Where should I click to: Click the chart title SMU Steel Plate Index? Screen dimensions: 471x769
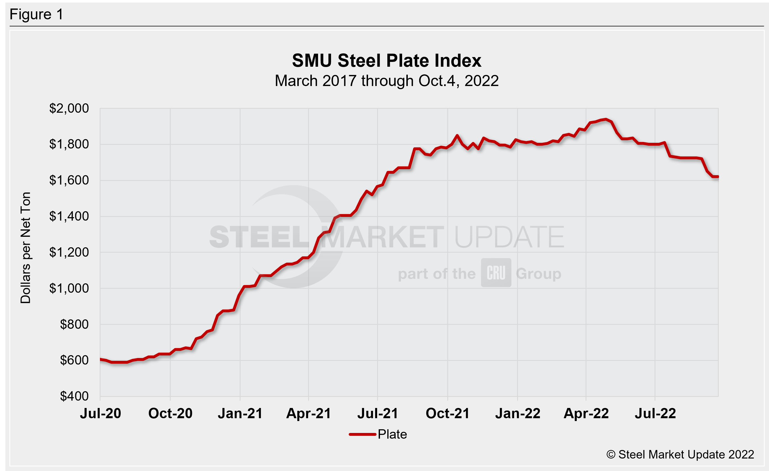tap(386, 60)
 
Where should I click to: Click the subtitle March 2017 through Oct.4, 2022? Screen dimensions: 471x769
tap(386, 81)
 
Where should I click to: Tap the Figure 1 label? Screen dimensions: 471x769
tap(37, 14)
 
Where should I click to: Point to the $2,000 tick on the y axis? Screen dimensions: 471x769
tap(69, 108)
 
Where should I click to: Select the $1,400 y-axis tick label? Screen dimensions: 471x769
tap(69, 216)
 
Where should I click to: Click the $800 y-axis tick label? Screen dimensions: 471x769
tap(74, 325)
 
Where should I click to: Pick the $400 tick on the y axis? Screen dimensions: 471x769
tap(74, 396)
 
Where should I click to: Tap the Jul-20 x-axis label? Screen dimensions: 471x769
tap(100, 414)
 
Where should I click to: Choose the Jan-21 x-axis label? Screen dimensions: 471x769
tap(240, 414)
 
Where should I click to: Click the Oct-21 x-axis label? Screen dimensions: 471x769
tap(448, 414)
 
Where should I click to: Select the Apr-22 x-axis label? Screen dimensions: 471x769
tap(586, 414)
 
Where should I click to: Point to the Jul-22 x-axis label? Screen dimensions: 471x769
tap(655, 414)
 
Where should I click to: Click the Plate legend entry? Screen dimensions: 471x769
tap(378, 434)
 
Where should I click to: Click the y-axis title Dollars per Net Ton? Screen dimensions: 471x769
tap(26, 248)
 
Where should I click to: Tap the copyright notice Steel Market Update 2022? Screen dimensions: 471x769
tap(680, 455)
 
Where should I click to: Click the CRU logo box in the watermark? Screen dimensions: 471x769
tap(496, 273)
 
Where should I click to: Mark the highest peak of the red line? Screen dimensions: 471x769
tap(606, 119)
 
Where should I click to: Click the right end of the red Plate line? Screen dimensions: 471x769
tap(718, 177)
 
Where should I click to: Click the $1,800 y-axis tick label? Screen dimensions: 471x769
tap(69, 144)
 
